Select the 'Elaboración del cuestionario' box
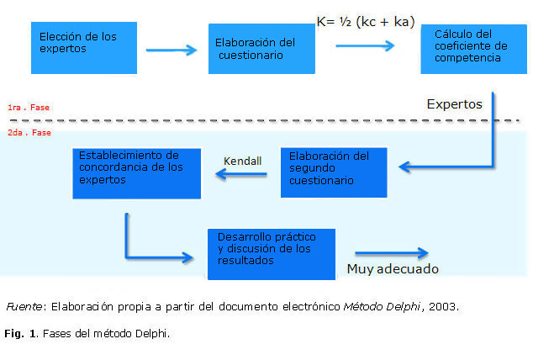pos(261,49)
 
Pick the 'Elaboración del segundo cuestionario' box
pos(334,172)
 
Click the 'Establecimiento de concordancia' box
pos(136,173)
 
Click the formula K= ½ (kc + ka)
pos(366,22)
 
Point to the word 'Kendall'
pos(244,161)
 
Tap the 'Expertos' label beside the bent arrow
pos(454,105)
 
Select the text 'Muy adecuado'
pos(393,270)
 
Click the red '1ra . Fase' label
pos(28,108)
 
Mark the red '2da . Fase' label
pos(29,133)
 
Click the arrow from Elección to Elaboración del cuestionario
pos(172,50)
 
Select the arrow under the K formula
pos(365,45)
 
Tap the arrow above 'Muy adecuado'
pos(392,252)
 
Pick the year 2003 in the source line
pos(442,306)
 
